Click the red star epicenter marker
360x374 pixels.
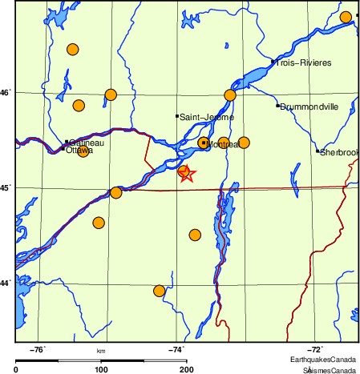[186, 173]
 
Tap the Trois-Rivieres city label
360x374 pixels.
[303, 62]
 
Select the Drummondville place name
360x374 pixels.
[309, 107]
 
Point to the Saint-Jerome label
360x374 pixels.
[207, 118]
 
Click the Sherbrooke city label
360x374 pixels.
[339, 152]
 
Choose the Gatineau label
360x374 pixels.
[87, 143]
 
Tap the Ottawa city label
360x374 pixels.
[79, 150]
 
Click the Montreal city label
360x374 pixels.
[224, 144]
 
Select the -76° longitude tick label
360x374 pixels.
[38, 349]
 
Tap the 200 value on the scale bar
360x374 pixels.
[186, 369]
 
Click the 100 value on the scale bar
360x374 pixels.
[101, 369]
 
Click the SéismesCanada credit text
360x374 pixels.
[329, 370]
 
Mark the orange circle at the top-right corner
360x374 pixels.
[346, 18]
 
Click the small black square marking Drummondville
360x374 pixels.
[277, 106]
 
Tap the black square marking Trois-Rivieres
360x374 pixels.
[273, 62]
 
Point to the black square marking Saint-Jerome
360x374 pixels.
[177, 117]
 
